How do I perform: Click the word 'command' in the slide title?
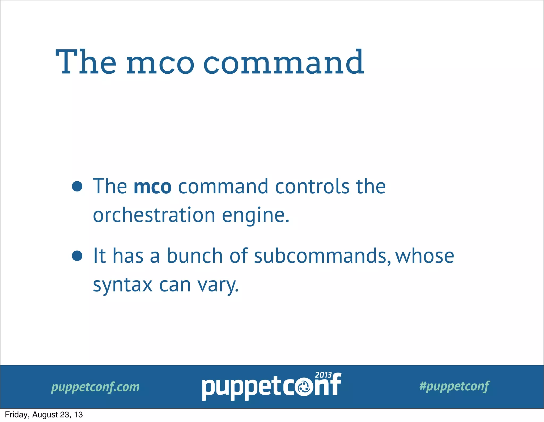pyautogui.click(x=283, y=63)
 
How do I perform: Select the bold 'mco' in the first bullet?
pyautogui.click(x=152, y=187)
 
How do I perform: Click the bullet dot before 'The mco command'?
pyautogui.click(x=77, y=186)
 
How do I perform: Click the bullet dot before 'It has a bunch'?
pyautogui.click(x=77, y=256)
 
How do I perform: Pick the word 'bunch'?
pyautogui.click(x=194, y=256)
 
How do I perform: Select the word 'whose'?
pyautogui.click(x=424, y=256)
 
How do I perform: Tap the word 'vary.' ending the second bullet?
pyautogui.click(x=218, y=285)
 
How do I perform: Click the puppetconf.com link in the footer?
pyautogui.click(x=95, y=387)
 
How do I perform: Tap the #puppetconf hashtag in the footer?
pyautogui.click(x=454, y=386)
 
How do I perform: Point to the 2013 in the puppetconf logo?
pyautogui.click(x=323, y=375)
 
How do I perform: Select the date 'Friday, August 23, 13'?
pyautogui.click(x=44, y=415)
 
